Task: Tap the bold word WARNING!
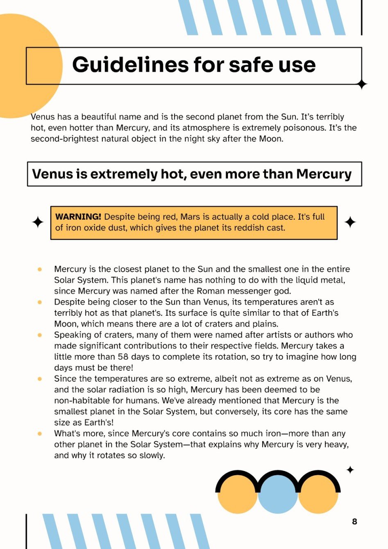78,216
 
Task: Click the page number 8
354,522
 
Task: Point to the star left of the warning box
38,222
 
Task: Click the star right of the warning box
350,222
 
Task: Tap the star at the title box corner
362,84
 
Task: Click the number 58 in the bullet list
123,357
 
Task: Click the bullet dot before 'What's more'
40,433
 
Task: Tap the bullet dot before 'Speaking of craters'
40,335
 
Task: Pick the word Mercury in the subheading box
324,174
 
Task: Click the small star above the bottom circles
350,470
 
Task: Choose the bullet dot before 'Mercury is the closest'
40,269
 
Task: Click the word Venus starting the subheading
52,174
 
